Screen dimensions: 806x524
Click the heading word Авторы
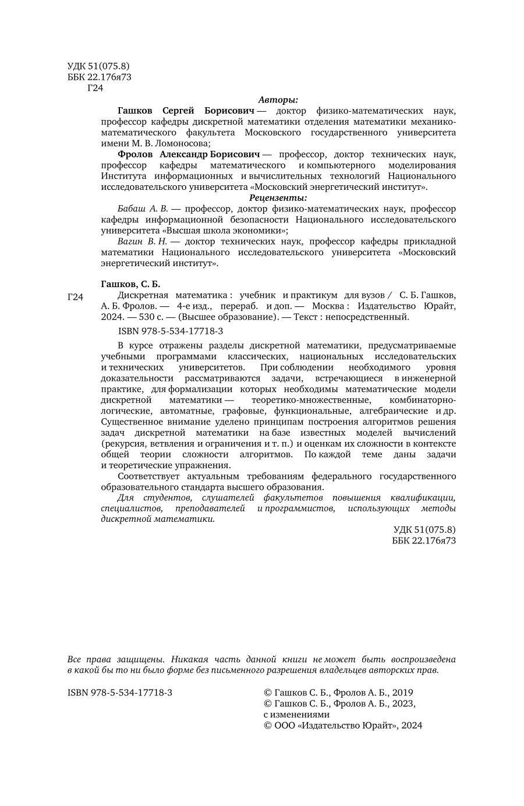click(278, 100)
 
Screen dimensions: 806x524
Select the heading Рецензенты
click(278, 197)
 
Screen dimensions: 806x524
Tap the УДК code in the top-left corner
click(98, 67)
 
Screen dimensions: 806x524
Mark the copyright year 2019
click(402, 692)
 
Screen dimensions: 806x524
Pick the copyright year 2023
click(402, 704)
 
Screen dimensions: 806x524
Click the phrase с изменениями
click(296, 715)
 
